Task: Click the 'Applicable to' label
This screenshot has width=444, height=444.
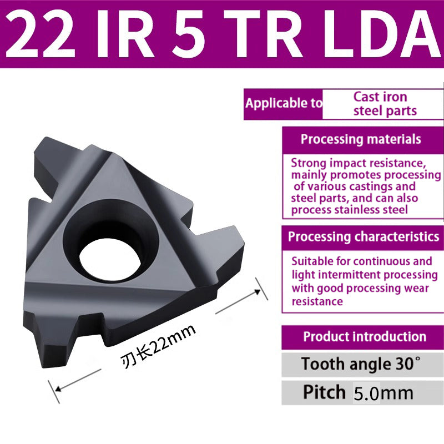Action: coord(284,103)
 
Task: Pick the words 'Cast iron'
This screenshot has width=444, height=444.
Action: coord(380,96)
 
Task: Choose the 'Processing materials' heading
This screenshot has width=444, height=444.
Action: coord(361,139)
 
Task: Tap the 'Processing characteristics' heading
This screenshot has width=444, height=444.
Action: coord(364,237)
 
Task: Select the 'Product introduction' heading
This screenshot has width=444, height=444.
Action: coord(365,336)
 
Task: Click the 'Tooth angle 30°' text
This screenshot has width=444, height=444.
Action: coord(361,365)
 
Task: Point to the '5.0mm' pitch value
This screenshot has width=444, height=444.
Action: coord(384,393)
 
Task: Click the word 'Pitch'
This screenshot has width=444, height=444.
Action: coord(324,392)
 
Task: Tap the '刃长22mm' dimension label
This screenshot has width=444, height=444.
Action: coord(158,347)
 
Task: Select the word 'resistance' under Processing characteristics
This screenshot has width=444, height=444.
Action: coord(317,301)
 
